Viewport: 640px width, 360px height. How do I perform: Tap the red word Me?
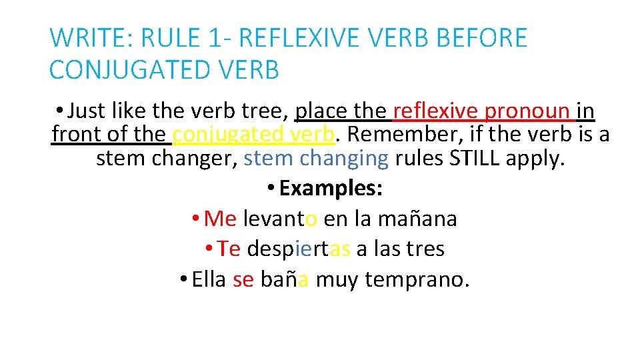point(220,219)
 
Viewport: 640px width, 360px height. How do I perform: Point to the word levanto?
point(280,219)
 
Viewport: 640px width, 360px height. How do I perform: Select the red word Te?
point(229,249)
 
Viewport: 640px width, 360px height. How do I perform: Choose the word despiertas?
point(299,249)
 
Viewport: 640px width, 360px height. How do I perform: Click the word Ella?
point(209,279)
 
